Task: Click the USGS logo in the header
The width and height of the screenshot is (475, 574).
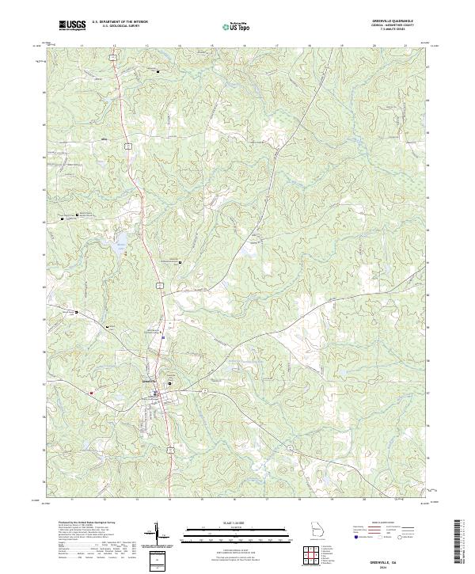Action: (x=72, y=26)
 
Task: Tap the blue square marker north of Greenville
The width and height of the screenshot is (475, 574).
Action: (x=162, y=338)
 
